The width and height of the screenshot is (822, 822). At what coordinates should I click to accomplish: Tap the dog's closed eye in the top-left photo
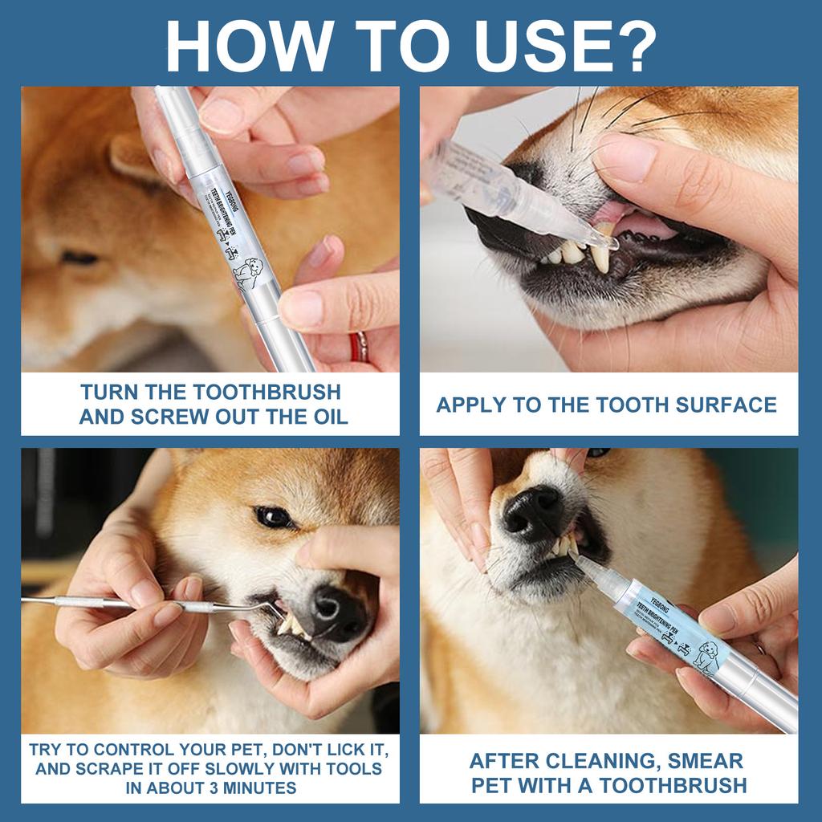(80, 258)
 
